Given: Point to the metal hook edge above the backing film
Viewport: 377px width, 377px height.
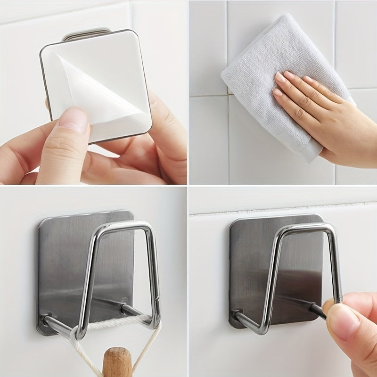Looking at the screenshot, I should [x=87, y=34].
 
